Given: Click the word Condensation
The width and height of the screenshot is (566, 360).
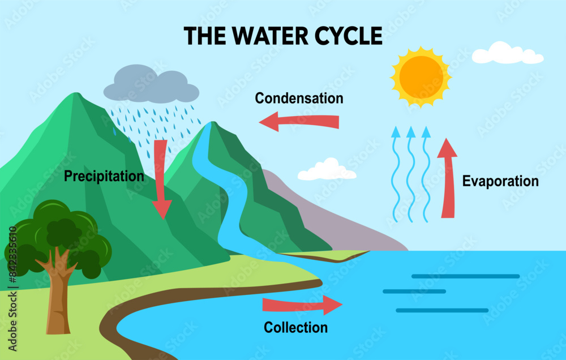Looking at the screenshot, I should pyautogui.click(x=299, y=98).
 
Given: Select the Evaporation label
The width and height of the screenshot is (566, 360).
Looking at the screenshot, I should pyautogui.click(x=500, y=182).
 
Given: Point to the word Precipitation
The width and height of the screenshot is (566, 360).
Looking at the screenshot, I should pyautogui.click(x=104, y=176).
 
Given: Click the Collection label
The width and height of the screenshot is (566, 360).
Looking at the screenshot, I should pyautogui.click(x=295, y=328).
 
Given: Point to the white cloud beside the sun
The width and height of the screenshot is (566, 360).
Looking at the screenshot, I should pyautogui.click(x=507, y=54).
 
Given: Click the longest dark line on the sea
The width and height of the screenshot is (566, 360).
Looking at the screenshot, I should pyautogui.click(x=465, y=276).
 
